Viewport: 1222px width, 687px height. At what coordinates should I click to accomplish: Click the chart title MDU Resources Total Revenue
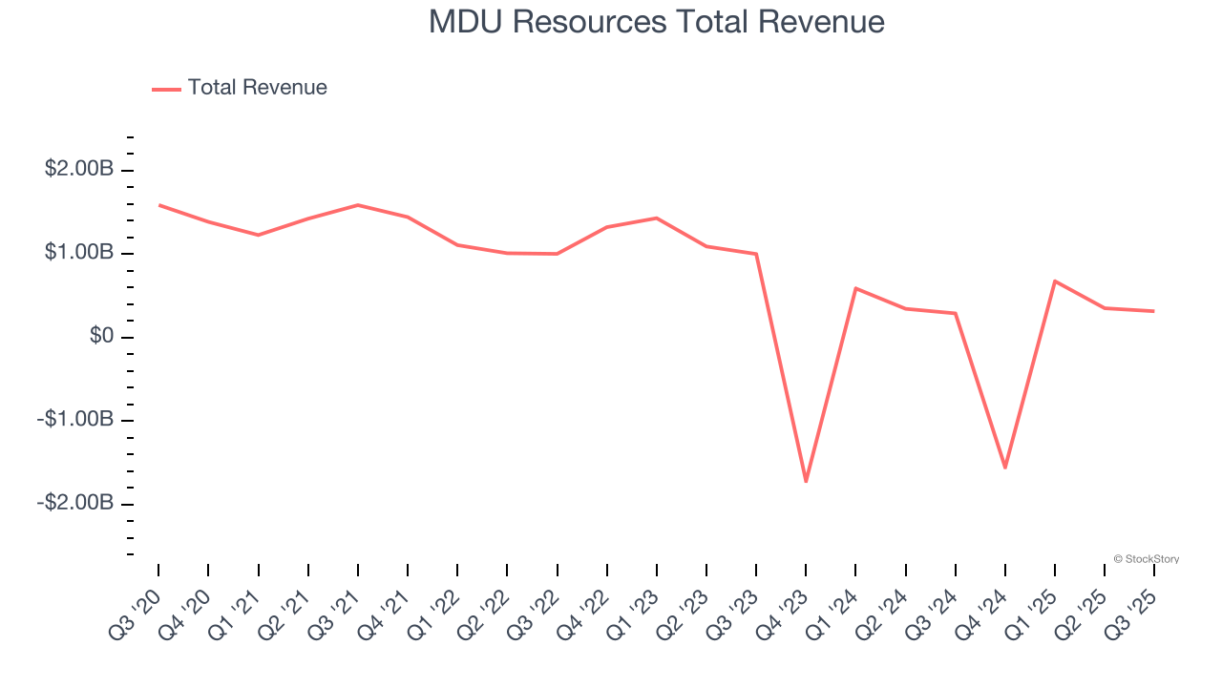tap(656, 21)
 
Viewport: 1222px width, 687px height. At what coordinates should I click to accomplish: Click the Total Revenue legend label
tap(257, 88)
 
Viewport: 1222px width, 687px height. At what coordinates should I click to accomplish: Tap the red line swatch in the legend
tap(166, 89)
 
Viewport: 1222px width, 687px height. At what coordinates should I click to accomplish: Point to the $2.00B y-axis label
tap(78, 170)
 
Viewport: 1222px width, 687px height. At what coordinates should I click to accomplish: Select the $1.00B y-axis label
tap(78, 254)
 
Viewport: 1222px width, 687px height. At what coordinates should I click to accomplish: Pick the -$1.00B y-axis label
tap(75, 420)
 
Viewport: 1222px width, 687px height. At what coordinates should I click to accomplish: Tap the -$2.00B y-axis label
tap(75, 503)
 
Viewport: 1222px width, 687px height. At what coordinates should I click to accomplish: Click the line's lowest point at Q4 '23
tap(806, 481)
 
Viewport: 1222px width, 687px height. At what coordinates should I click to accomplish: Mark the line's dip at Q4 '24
tap(1005, 468)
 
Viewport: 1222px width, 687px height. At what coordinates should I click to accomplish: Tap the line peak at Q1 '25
tap(1055, 281)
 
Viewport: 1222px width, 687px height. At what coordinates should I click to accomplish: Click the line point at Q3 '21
tap(358, 205)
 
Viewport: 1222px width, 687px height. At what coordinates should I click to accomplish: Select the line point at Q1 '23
tap(657, 219)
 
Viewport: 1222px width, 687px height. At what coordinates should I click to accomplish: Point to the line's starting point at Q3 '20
tap(158, 205)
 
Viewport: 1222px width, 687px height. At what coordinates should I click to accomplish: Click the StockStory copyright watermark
tap(1146, 559)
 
